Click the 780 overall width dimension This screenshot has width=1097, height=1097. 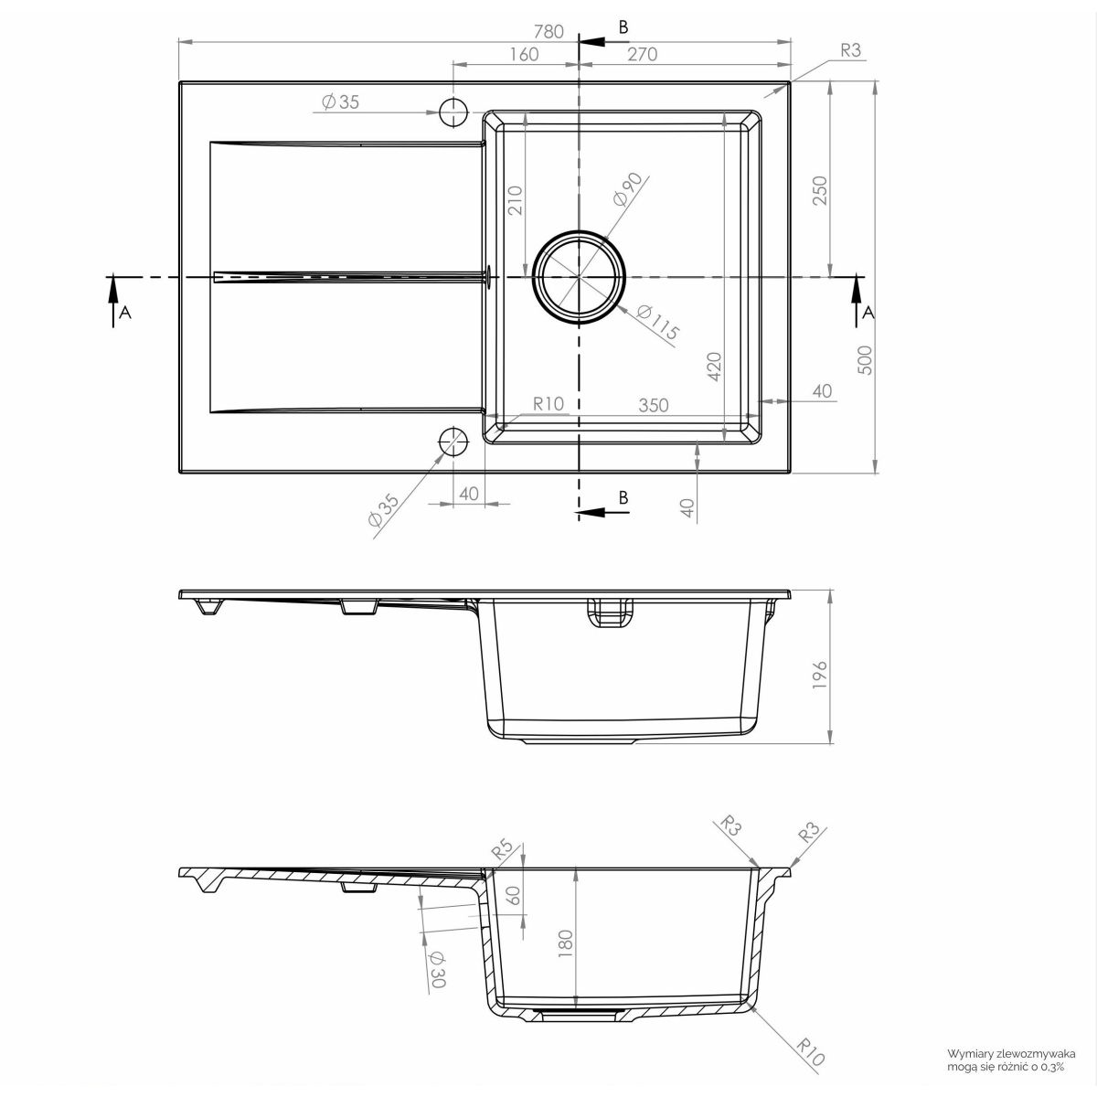[548, 31]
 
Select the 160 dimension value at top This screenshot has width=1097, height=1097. [524, 55]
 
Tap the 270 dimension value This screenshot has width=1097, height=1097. [642, 55]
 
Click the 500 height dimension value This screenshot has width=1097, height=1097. [864, 360]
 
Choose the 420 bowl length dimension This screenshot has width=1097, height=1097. [714, 367]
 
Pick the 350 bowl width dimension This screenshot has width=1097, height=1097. [653, 405]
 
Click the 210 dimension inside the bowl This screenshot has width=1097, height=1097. [515, 200]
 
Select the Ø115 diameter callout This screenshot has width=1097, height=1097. [658, 322]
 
